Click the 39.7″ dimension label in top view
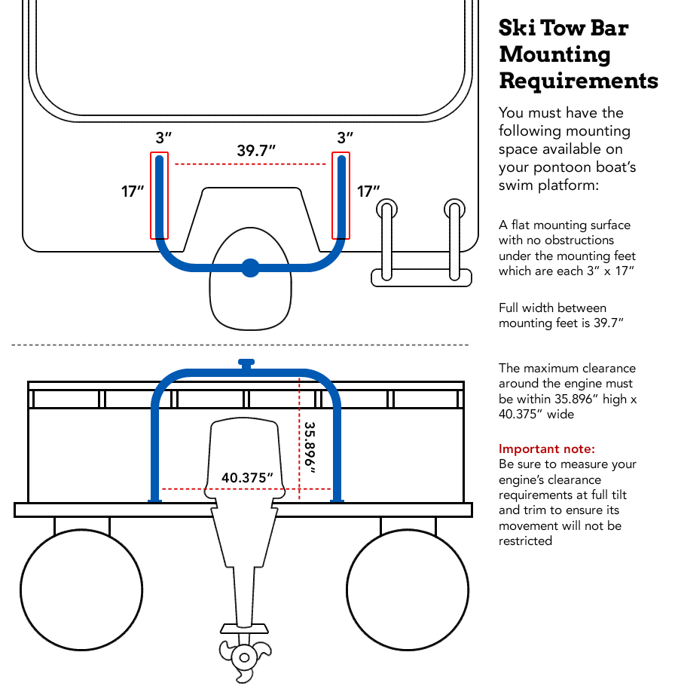256,150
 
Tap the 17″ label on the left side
133,191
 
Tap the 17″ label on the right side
368,191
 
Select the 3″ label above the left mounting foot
163,138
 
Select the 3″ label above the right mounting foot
345,138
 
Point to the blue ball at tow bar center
250,266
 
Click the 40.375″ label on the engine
246,477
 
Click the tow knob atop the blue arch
246,363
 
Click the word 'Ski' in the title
520,29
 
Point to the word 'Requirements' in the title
579,80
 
